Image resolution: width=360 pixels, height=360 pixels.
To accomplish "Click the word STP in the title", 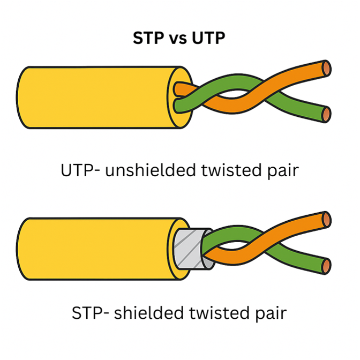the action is [x=149, y=38].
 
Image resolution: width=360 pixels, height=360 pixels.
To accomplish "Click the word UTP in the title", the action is [x=208, y=38].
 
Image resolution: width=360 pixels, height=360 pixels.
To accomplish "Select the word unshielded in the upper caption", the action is [x=151, y=170].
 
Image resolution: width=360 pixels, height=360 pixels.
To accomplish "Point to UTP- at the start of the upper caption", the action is [x=80, y=170].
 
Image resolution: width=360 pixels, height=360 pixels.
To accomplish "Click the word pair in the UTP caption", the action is [x=283, y=172].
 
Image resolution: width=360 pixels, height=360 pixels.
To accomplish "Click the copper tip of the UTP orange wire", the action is [x=326, y=68].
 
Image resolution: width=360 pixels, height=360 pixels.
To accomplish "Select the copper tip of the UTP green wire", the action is [x=326, y=114].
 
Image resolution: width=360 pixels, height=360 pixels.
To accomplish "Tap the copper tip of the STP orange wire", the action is [x=326, y=220].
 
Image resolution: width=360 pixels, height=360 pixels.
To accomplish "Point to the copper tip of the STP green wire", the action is [x=326, y=266].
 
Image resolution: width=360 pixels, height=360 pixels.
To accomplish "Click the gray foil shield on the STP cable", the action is [x=189, y=249].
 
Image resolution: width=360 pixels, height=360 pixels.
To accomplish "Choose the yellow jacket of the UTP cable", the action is [x=96, y=97].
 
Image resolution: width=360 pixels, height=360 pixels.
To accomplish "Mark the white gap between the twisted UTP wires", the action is [x=232, y=94].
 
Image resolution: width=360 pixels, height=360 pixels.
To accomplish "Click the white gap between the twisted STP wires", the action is [x=232, y=245].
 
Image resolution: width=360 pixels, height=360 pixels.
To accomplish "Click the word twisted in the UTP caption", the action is [x=231, y=170].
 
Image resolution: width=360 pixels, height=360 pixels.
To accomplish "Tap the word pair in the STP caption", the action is [x=271, y=314].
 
